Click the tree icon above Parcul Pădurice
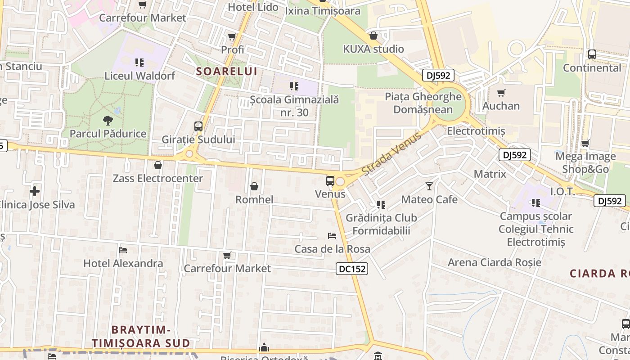108,120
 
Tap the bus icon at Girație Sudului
198,126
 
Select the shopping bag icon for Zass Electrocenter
158,165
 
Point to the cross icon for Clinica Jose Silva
35,191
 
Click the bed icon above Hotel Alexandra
123,250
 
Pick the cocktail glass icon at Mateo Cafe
429,186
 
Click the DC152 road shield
352,269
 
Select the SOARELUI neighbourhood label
227,71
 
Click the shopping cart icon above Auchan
501,93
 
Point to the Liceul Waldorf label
139,75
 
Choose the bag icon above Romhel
254,186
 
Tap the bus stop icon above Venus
330,181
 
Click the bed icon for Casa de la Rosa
332,236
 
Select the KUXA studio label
373,49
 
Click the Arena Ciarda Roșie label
495,262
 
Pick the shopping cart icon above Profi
232,36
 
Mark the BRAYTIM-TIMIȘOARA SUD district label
141,336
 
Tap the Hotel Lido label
253,7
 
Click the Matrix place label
490,174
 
